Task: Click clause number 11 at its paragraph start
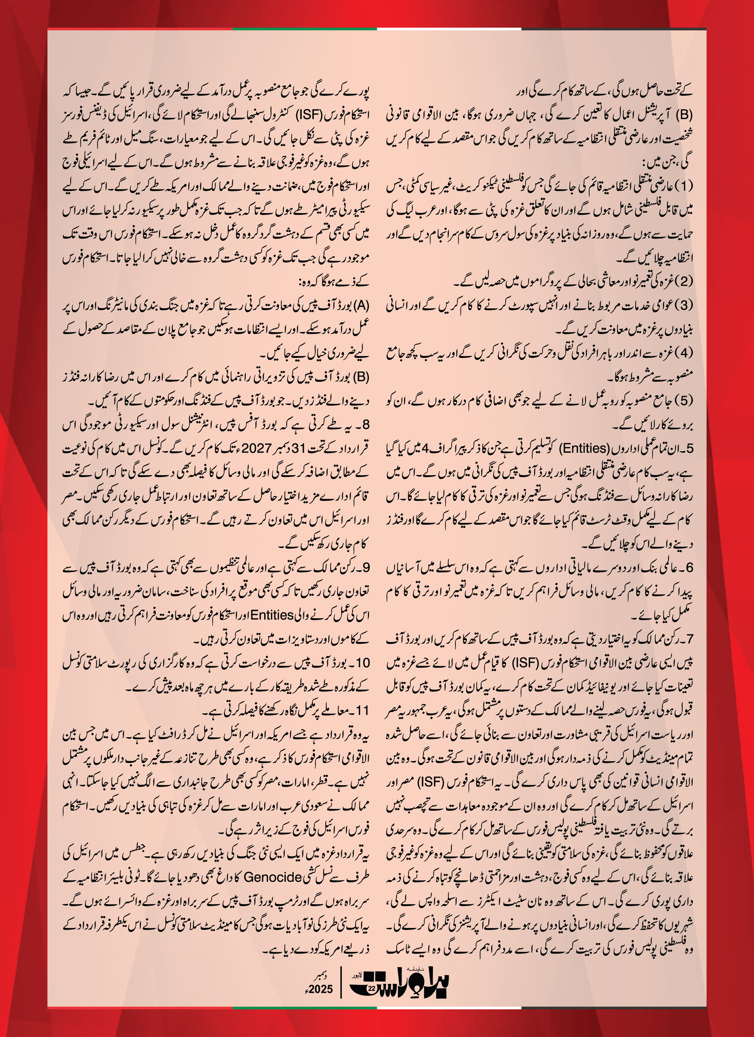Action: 362,710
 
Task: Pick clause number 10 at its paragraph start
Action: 362,662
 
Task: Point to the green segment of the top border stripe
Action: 304,29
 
